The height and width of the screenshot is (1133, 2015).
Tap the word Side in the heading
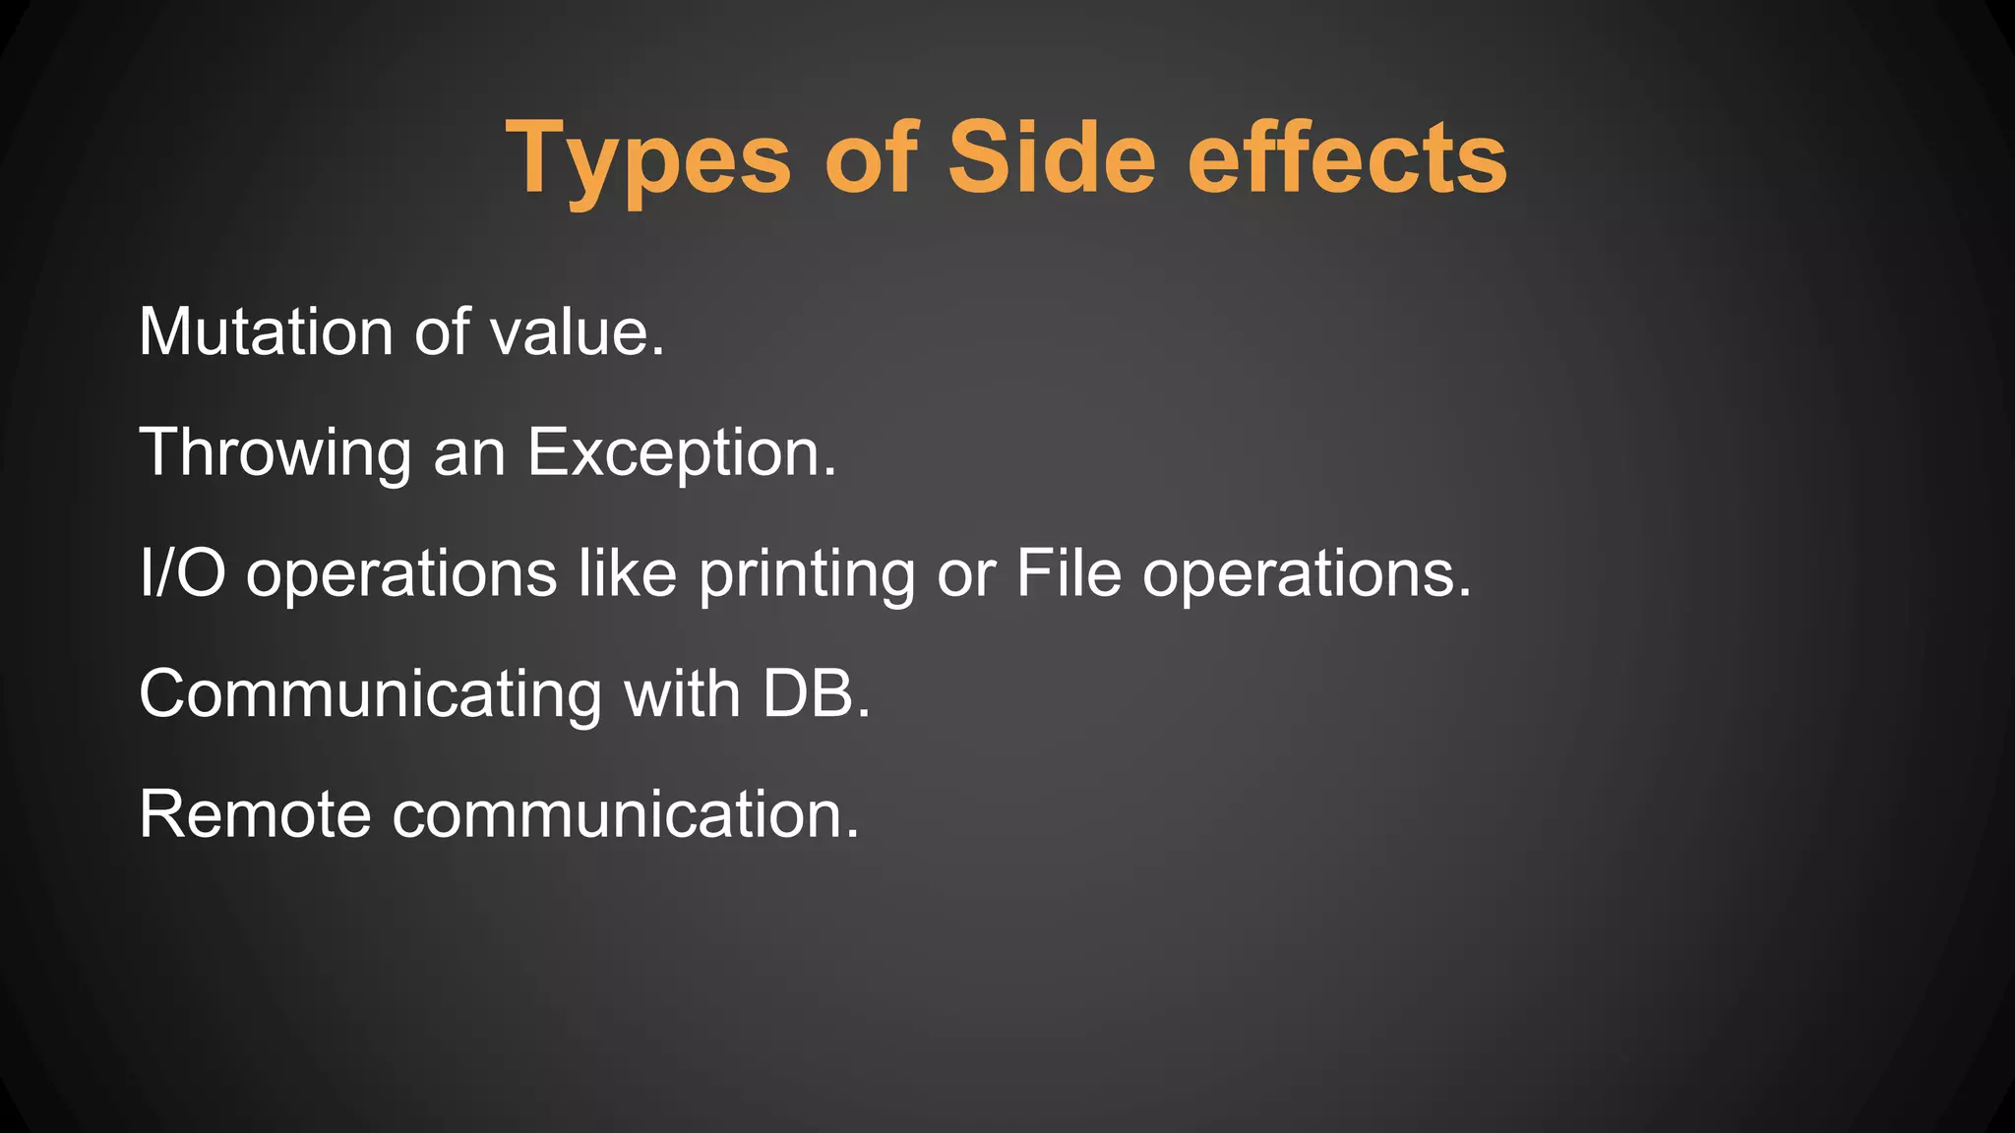pos(1051,157)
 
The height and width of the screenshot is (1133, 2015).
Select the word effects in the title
pos(1347,157)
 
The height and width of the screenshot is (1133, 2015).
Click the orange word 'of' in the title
pos(870,157)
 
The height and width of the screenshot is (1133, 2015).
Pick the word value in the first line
pos(577,331)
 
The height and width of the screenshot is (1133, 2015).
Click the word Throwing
pos(275,453)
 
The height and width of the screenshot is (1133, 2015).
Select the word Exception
pos(681,453)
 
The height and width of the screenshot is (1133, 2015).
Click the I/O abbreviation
pos(182,573)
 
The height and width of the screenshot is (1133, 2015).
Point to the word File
pos(1069,573)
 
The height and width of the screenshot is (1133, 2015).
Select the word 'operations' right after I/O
pos(401,575)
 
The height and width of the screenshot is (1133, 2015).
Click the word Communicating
pos(371,695)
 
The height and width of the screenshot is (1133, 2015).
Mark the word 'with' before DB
pos(682,694)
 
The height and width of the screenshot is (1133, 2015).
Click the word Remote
pos(255,815)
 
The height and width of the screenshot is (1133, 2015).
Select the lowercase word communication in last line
pos(625,815)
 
